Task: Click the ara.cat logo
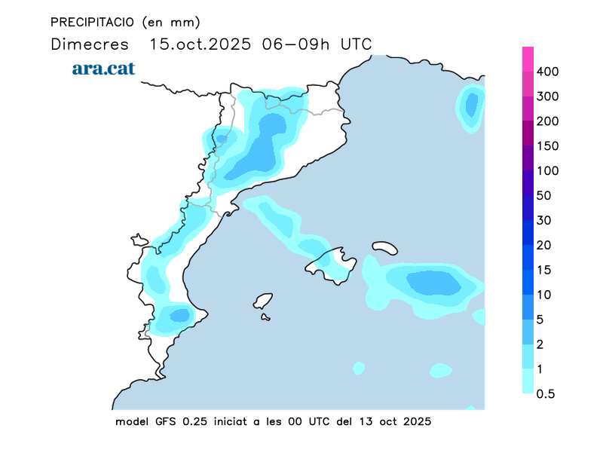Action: click(x=103, y=69)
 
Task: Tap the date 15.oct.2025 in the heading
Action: click(x=200, y=44)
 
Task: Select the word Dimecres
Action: click(x=89, y=44)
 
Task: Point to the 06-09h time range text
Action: click(x=295, y=44)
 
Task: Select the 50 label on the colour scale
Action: click(x=544, y=196)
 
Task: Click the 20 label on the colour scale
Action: click(x=544, y=245)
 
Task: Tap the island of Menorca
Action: click(x=384, y=247)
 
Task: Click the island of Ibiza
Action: click(x=262, y=301)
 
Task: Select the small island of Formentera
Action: click(x=265, y=317)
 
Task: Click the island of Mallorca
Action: click(x=332, y=264)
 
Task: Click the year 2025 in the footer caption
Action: click(x=416, y=421)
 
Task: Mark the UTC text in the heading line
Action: click(x=356, y=44)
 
